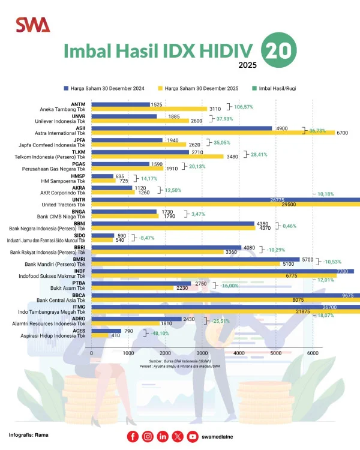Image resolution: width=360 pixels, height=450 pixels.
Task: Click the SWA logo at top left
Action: coord(33,25)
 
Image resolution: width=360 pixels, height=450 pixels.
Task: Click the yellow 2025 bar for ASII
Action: coord(198,133)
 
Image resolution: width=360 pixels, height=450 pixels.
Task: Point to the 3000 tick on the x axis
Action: coord(202,354)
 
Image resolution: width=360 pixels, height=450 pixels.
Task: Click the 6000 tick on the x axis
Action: coord(313,354)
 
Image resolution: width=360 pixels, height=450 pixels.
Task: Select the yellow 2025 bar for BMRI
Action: coord(185,263)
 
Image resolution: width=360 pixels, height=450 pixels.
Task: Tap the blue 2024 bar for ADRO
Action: coord(136,319)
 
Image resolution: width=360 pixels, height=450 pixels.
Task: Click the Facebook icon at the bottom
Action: coord(133,437)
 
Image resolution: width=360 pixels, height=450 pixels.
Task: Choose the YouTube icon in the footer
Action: coord(192,437)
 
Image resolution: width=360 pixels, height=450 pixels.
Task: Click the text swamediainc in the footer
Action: coord(223,437)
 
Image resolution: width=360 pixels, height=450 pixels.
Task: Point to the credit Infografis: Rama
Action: coord(29,434)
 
